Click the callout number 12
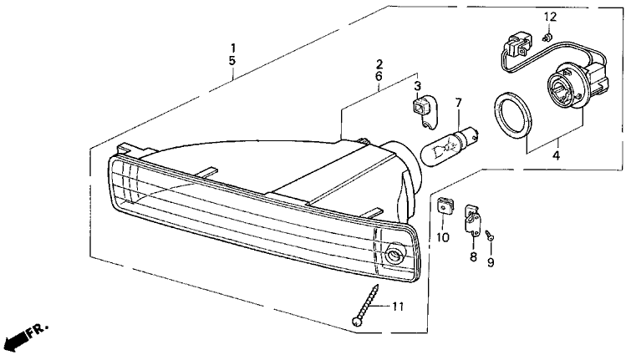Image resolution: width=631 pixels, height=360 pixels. [550, 17]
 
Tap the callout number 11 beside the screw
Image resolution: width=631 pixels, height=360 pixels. [398, 307]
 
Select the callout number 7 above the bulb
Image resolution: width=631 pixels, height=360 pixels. [458, 103]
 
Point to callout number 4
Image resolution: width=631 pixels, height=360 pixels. [556, 155]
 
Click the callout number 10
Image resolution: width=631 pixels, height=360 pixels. [443, 238]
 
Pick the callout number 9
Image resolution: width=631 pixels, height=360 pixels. [491, 262]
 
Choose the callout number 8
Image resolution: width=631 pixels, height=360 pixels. [473, 256]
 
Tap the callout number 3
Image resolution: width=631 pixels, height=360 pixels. [418, 86]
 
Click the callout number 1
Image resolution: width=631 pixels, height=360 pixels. [233, 48]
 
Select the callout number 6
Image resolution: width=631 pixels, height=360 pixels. [379, 76]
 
